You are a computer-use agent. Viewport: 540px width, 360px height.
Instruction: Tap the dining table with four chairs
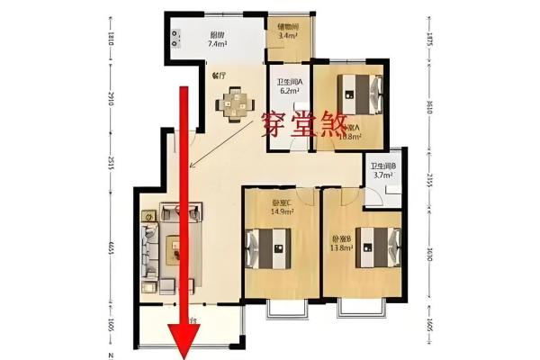tap(233, 103)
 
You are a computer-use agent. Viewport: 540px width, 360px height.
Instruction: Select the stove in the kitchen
tap(172, 36)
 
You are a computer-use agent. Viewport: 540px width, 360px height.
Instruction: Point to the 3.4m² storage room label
tap(289, 36)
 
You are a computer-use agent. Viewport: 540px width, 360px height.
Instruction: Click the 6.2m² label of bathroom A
tap(289, 91)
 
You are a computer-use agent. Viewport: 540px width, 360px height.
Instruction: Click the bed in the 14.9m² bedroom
tap(268, 244)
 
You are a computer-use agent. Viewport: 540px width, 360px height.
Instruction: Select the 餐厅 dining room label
tap(219, 76)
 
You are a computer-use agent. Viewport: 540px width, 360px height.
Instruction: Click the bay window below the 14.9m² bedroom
tap(287, 308)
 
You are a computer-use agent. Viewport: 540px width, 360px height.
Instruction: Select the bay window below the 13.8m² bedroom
tap(361, 308)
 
